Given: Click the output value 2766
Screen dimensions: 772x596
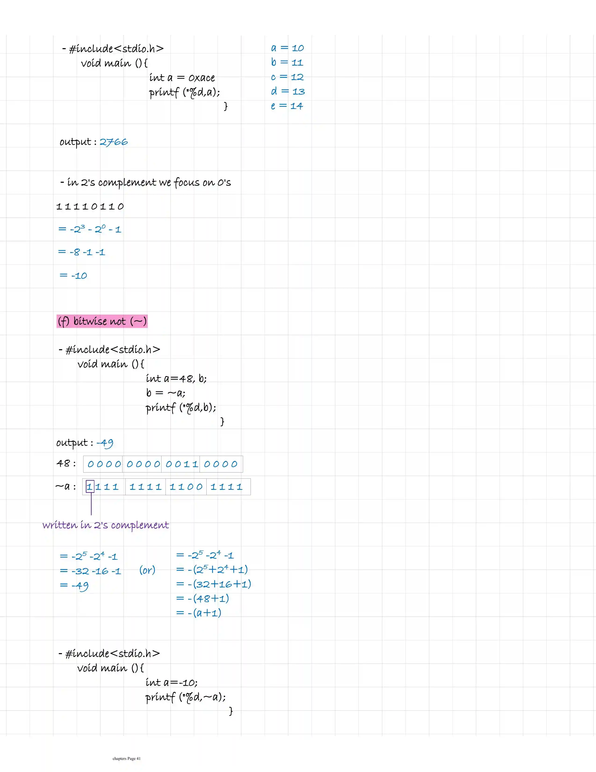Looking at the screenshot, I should [114, 142].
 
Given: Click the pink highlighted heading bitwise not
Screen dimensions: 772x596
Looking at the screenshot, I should [102, 321].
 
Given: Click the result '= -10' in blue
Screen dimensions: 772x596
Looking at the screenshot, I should [73, 276].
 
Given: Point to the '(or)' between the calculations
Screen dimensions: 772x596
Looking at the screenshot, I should [147, 570].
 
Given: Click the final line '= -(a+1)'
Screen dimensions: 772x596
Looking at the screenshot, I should [199, 613].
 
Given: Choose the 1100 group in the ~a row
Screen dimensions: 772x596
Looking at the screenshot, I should [186, 487].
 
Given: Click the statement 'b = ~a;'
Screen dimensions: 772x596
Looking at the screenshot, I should [165, 393].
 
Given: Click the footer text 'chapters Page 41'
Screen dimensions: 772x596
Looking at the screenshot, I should [126, 758].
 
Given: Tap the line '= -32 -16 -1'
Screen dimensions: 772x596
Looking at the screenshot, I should [90, 571].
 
